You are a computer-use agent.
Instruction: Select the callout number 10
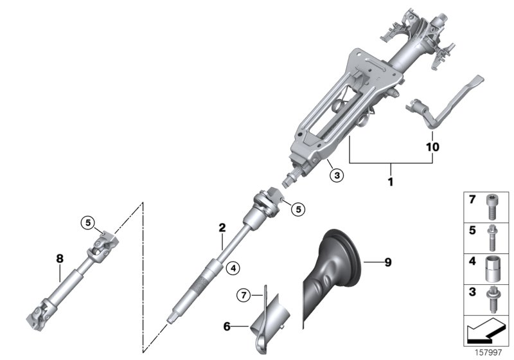432,147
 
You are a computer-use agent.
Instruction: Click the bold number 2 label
222,227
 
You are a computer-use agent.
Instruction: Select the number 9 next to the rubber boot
387,262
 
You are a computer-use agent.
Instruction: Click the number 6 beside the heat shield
226,327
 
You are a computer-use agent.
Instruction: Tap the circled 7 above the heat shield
242,295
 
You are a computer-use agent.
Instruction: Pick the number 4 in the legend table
472,262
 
